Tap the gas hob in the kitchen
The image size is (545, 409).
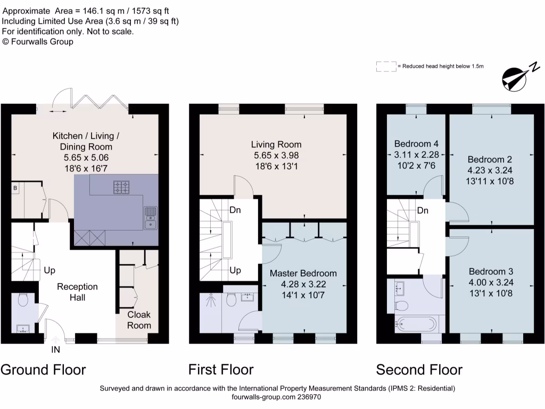121,187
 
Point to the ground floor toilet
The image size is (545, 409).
22,301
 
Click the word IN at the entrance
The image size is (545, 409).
55,350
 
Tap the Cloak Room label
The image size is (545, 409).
139,320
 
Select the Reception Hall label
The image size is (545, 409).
78,292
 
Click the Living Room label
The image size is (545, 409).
276,144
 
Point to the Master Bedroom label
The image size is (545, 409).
303,273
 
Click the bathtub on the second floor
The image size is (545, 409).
416,324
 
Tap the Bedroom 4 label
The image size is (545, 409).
416,144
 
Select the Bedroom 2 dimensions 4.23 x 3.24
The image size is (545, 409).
491,170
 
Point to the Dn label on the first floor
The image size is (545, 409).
235,210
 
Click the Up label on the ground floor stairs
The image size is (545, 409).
50,270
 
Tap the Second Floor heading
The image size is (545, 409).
419,370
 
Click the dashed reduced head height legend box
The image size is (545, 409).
386,67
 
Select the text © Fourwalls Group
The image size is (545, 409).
38,42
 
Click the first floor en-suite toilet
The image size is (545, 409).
232,301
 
